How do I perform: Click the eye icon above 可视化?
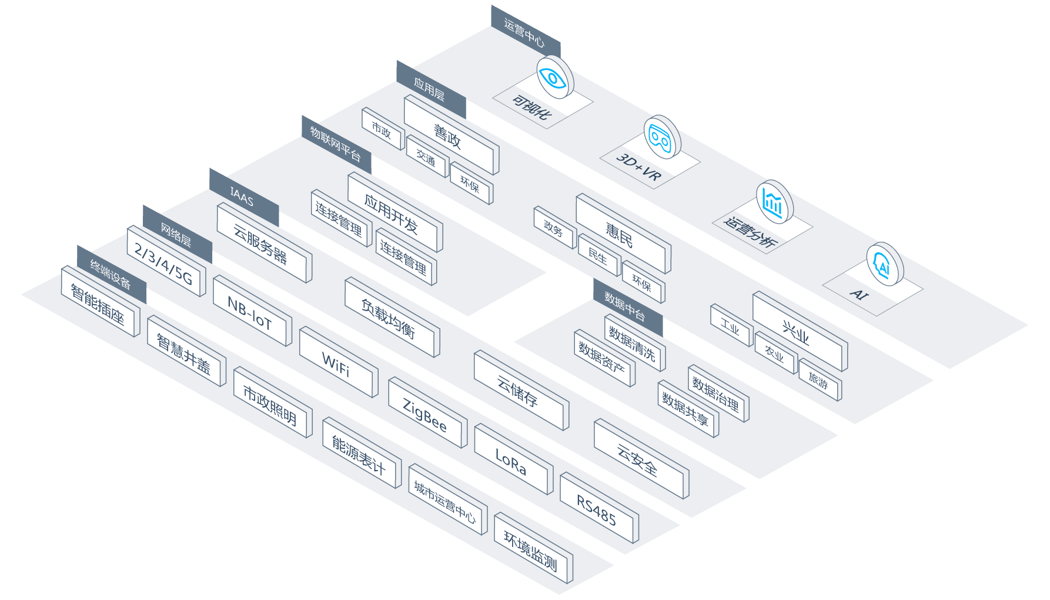(554, 78)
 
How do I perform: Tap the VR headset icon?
(661, 137)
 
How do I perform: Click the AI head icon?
(883, 265)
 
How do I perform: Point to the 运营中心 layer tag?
(524, 33)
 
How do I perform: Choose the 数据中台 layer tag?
(626, 307)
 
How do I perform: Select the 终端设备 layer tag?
(111, 274)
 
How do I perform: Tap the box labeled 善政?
(449, 136)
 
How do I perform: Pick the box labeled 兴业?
(797, 332)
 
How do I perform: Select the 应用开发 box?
(392, 213)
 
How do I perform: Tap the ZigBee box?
(425, 415)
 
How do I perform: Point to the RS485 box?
(596, 509)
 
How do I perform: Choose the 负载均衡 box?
(389, 318)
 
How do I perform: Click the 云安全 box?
(638, 459)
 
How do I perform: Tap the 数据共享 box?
(685, 409)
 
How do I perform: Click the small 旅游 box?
(818, 381)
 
